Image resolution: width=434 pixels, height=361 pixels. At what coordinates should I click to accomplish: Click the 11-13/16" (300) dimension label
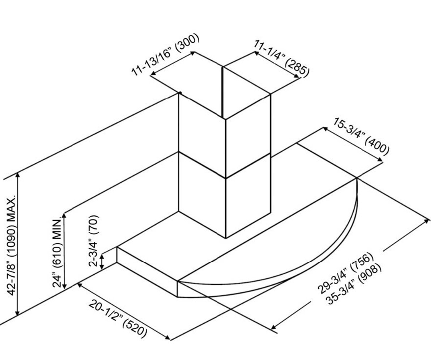point(165,55)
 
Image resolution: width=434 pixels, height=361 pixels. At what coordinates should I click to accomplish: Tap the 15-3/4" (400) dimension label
point(361,137)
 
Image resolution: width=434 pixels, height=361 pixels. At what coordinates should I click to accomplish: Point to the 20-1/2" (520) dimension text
point(118,320)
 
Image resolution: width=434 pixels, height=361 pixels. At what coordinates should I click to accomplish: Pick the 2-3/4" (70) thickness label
point(94,241)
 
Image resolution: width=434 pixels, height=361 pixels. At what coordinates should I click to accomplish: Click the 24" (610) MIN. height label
point(58,252)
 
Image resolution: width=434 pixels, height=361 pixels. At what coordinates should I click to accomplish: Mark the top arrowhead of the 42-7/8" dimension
point(18,175)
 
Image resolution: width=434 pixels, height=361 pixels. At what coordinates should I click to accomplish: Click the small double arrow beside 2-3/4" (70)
point(102,262)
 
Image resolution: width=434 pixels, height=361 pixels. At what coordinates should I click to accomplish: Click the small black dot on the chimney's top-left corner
point(180,93)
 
